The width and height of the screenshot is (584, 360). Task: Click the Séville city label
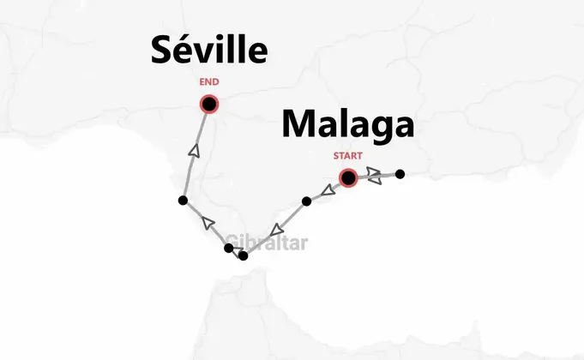(x=209, y=51)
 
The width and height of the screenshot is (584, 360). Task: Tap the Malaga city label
(x=348, y=125)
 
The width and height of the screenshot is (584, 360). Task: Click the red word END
(x=208, y=82)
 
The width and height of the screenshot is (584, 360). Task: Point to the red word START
(x=348, y=156)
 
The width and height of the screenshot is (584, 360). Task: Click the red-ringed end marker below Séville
(x=208, y=104)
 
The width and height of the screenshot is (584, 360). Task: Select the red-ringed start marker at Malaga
(x=348, y=178)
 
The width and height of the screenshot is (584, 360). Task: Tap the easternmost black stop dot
(x=400, y=174)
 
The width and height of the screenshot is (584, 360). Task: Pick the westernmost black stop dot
(x=182, y=201)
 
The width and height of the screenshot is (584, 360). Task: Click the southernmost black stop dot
(x=244, y=255)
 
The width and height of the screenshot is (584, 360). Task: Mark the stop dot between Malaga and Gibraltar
(x=306, y=201)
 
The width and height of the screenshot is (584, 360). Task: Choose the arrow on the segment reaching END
(x=194, y=152)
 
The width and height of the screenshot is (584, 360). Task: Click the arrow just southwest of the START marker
(x=328, y=189)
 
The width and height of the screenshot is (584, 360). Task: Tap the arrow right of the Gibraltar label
(x=276, y=230)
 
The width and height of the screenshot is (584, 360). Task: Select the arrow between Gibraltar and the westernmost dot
(x=207, y=224)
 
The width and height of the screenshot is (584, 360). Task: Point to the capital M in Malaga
(x=298, y=125)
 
